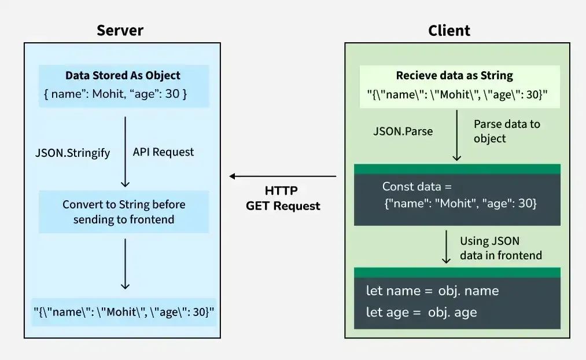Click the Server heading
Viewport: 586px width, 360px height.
[x=120, y=30]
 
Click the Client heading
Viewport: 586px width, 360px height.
[x=449, y=30]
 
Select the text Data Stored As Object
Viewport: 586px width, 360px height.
[x=123, y=76]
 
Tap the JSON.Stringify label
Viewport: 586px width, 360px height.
[x=73, y=153]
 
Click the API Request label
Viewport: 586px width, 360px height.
[x=164, y=152]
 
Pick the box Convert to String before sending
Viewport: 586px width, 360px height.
[x=124, y=212]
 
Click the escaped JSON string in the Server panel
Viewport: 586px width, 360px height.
[x=124, y=312]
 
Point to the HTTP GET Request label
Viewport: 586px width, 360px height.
[x=283, y=198]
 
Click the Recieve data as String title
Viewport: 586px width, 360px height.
[x=454, y=76]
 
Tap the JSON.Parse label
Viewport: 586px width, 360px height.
[x=403, y=131]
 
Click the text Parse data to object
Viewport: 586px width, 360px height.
[x=506, y=131]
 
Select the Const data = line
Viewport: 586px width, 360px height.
[x=417, y=187]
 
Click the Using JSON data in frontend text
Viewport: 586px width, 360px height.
[x=501, y=248]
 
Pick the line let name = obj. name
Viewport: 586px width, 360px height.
[x=432, y=291]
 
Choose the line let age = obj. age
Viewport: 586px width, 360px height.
[x=421, y=313]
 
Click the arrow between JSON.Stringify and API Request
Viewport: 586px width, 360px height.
[x=125, y=152]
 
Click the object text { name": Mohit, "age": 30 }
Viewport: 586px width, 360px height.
[x=115, y=94]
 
